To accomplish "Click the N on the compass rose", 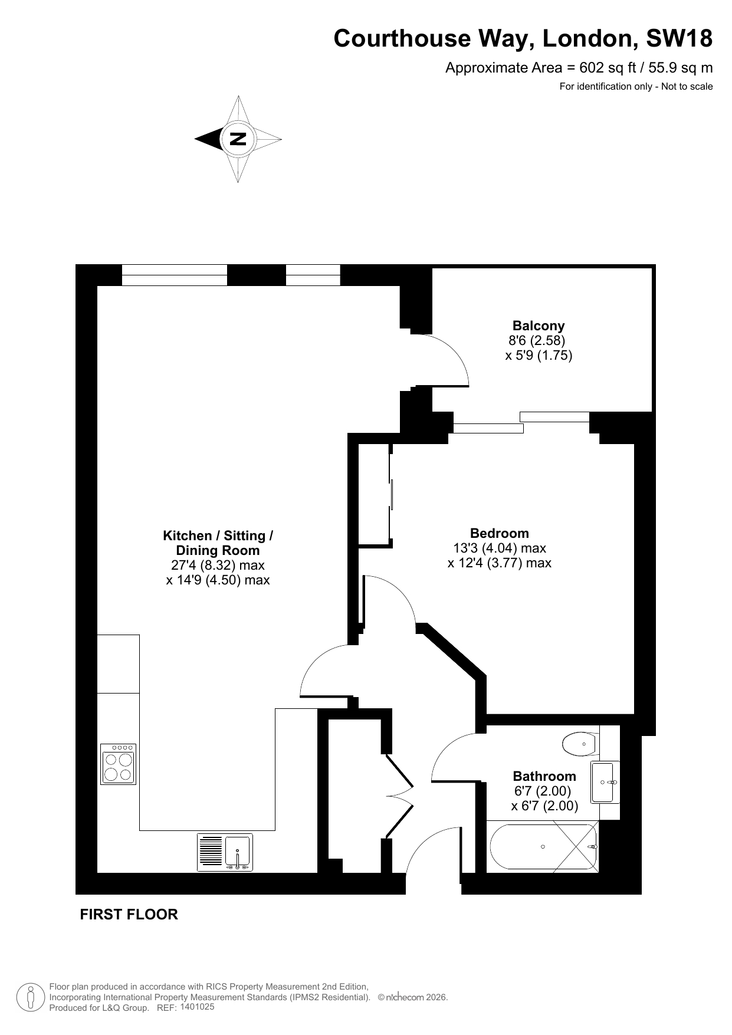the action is pos(238,139).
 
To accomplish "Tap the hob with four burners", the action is pos(118,764).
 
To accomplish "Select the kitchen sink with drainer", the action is pos(225,852).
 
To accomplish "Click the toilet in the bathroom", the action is pos(580,744).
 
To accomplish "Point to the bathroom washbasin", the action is pos(605,782).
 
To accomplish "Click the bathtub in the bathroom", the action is pos(543,847).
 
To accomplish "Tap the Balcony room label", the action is pos(539,326).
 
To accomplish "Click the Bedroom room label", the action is pos(500,533).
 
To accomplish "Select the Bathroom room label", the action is pos(544,776).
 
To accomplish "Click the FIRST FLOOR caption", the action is pos(129,914).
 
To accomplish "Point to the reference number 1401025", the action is pos(197,1007).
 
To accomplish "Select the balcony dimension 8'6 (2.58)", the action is pos(537,340).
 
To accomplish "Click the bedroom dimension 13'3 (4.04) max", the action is pos(500,548).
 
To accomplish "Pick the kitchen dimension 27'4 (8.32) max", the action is pos(218,565).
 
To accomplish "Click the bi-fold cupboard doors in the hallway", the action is pos(400,796).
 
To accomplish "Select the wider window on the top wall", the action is pos(175,275).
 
